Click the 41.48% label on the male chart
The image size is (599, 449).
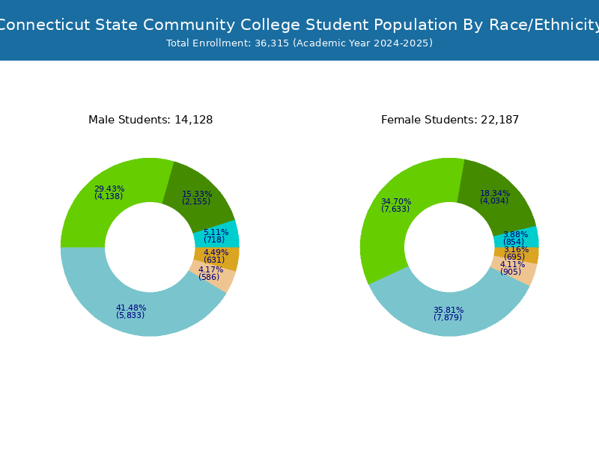(x=130, y=311)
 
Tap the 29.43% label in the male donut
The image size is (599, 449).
(x=109, y=192)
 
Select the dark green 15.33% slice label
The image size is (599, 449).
(x=197, y=198)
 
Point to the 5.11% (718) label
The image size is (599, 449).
(x=216, y=236)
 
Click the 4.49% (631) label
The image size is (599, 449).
(x=216, y=256)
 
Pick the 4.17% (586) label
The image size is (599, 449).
(x=210, y=273)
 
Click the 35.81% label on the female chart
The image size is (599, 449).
(x=449, y=314)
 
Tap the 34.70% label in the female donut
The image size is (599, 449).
(x=396, y=205)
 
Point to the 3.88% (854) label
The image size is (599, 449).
(x=515, y=238)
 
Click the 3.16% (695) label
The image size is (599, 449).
(x=516, y=253)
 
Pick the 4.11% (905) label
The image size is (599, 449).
(x=512, y=268)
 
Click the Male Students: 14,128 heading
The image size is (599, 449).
(x=150, y=120)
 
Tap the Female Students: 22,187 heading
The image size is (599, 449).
(x=450, y=120)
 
